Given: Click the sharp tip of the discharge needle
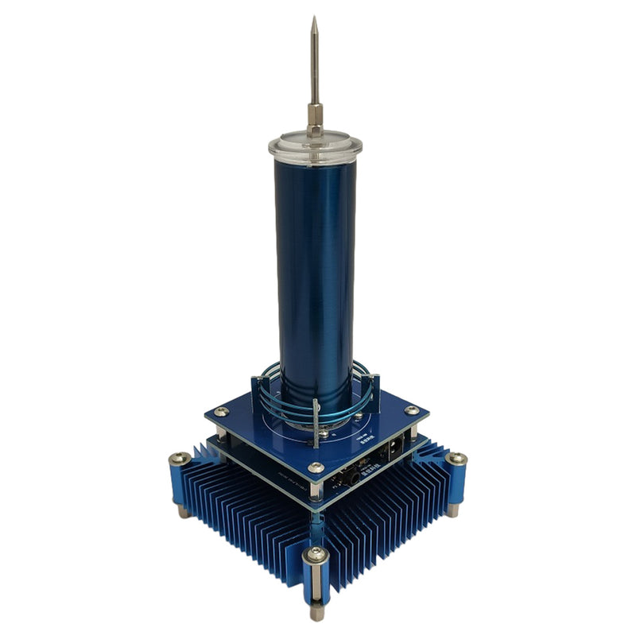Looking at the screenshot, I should [x=313, y=18].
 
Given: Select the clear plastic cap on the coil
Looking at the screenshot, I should [x=315, y=148].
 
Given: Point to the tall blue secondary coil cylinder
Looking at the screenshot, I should [x=315, y=262].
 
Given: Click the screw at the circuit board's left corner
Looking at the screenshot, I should [x=221, y=412].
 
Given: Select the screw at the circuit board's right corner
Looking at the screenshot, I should [x=411, y=410].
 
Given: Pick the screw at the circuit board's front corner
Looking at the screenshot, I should [x=316, y=468].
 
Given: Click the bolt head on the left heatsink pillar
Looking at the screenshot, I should [x=180, y=459].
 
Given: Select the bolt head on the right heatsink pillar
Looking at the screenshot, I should [x=456, y=459].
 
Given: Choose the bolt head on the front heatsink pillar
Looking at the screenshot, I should [x=316, y=555].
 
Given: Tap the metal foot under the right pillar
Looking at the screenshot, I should [x=452, y=509].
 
